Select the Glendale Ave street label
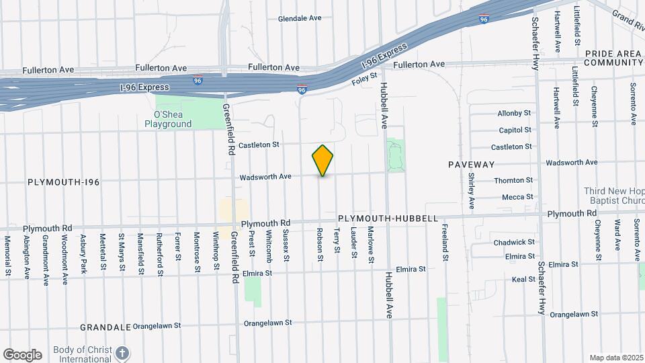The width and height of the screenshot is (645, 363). (x=300, y=18)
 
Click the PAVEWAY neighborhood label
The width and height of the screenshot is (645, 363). (x=471, y=164)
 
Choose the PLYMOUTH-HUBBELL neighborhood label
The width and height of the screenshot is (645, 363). (x=388, y=218)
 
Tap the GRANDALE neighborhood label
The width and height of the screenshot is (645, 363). (x=104, y=327)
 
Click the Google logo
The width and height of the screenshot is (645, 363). (x=22, y=355)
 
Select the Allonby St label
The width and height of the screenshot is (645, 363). (x=515, y=113)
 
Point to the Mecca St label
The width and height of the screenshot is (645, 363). (x=517, y=197)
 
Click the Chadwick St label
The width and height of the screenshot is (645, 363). (x=514, y=242)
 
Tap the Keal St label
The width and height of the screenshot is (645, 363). (x=523, y=279)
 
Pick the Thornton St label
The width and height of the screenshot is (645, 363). (x=513, y=180)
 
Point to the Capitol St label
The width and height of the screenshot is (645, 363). (x=515, y=130)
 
